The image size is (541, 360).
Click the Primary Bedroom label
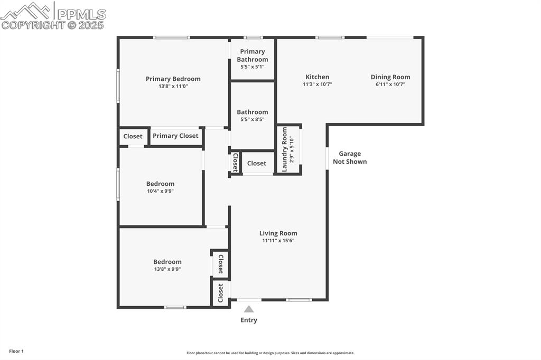pyautogui.click(x=173, y=79)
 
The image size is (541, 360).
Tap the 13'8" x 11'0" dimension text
pyautogui.click(x=173, y=87)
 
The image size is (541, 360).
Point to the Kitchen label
pyautogui.click(x=317, y=77)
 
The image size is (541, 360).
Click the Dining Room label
pyautogui.click(x=390, y=77)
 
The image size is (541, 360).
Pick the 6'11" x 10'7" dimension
pyautogui.click(x=390, y=84)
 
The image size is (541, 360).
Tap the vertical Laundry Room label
pyautogui.click(x=285, y=149)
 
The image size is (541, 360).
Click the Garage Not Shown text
pyautogui.click(x=350, y=158)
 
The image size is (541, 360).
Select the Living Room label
pyautogui.click(x=278, y=233)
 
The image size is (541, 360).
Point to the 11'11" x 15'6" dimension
pyautogui.click(x=278, y=241)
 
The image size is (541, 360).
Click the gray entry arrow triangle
pyautogui.click(x=249, y=309)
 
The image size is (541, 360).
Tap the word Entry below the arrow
pyautogui.click(x=249, y=320)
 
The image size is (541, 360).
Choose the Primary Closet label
pyautogui.click(x=175, y=136)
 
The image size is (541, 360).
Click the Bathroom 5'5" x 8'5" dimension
pyautogui.click(x=253, y=119)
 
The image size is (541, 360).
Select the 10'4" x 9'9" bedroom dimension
pyautogui.click(x=161, y=191)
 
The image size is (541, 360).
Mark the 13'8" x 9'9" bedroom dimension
pyautogui.click(x=167, y=269)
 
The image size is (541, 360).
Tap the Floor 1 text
pyautogui.click(x=16, y=351)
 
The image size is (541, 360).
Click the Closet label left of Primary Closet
pyautogui.click(x=133, y=136)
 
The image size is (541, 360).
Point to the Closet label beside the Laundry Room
pyautogui.click(x=257, y=163)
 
